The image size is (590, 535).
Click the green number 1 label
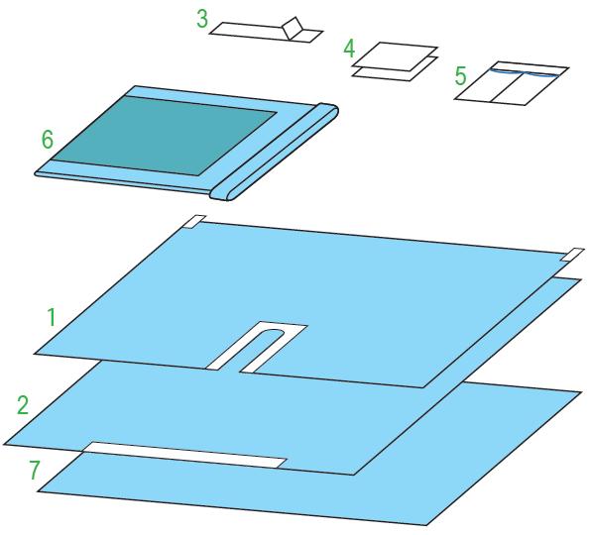point(52,317)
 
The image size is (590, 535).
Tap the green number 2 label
point(23,405)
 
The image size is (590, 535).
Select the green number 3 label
point(202,19)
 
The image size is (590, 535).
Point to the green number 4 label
point(349,49)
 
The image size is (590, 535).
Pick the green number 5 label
point(460,76)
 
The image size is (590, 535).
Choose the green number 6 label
point(48,139)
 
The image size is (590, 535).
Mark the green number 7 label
point(35,471)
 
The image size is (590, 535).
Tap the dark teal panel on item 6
point(165,136)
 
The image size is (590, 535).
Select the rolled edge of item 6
point(275,152)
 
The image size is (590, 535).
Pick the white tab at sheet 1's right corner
point(572,255)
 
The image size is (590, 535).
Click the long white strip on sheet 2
point(184,455)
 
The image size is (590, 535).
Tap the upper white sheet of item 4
point(395,56)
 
